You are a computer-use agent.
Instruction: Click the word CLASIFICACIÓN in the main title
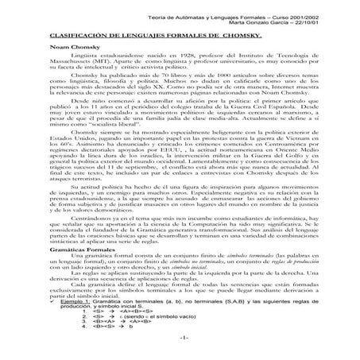(x=63, y=37)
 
